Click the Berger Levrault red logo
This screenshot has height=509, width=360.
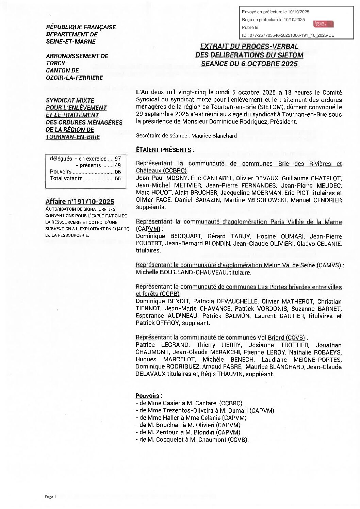(323, 23)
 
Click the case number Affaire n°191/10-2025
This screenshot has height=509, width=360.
(80, 201)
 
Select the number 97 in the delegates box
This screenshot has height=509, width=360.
(118, 159)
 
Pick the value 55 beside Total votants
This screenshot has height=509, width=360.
(118, 178)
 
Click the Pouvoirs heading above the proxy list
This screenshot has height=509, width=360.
(148, 396)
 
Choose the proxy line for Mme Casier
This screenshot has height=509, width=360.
(189, 403)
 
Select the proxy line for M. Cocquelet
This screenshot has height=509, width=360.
(192, 440)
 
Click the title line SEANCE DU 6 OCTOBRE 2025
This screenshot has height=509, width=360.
(249, 63)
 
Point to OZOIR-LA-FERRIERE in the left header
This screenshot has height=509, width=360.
(74, 78)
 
